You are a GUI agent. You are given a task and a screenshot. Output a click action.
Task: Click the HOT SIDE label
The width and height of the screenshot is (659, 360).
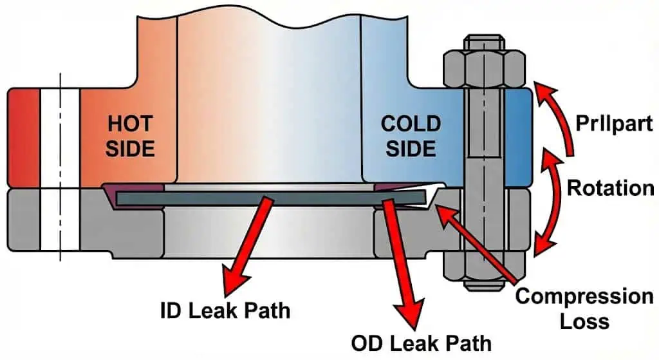(x=131, y=135)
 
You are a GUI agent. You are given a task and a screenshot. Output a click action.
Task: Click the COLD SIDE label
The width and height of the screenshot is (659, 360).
(x=411, y=135)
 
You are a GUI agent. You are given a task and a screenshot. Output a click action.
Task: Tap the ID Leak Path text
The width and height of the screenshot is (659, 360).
(x=225, y=310)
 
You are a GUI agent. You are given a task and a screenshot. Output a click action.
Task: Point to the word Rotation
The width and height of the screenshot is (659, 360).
(x=610, y=188)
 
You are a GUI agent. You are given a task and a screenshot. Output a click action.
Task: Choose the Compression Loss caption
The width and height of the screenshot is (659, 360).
(x=584, y=308)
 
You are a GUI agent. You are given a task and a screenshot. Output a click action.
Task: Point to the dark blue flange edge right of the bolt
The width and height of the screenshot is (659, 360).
(x=517, y=135)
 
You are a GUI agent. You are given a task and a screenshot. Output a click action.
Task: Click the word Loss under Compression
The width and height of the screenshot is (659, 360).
(x=584, y=320)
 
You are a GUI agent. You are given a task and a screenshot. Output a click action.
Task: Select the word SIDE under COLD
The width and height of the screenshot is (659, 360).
(x=411, y=148)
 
